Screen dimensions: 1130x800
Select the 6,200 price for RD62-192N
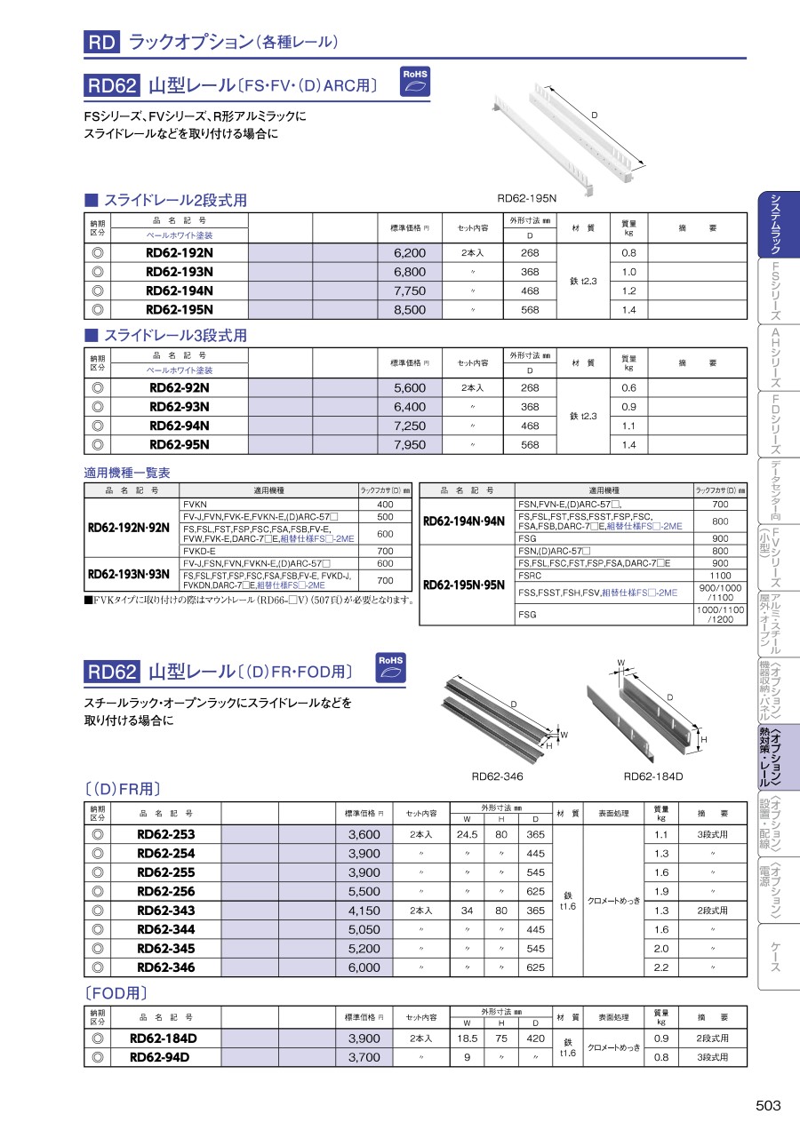(410, 253)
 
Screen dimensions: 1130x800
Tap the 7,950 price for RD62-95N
(410, 445)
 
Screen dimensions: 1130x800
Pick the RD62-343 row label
(166, 911)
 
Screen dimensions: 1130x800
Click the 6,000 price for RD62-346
(364, 967)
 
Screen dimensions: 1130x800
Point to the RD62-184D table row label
(164, 1038)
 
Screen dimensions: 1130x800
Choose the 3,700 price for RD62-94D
(364, 1057)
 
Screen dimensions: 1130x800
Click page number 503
(768, 1105)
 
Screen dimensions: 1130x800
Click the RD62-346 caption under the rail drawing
(497, 776)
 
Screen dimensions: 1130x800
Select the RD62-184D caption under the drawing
(653, 776)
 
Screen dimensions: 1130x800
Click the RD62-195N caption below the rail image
(526, 199)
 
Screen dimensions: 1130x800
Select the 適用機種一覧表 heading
(126, 473)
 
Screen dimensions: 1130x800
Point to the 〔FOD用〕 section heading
(116, 993)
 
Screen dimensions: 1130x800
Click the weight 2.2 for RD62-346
(660, 967)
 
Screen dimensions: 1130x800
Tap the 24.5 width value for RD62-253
(468, 835)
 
